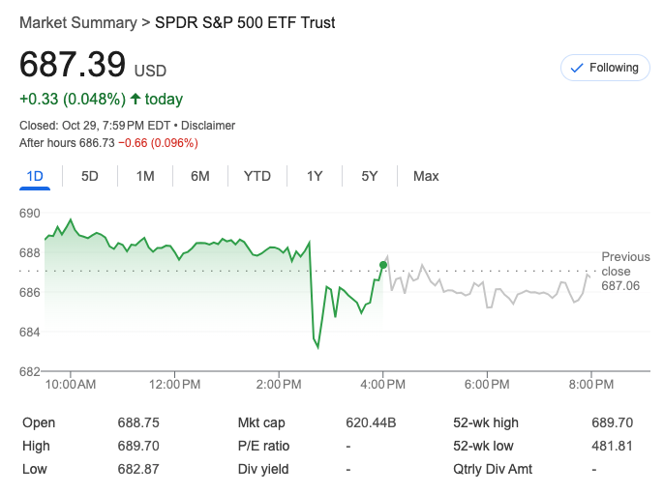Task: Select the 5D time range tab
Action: (90, 176)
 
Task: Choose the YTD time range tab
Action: (257, 176)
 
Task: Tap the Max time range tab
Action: (426, 176)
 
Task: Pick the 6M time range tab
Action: (200, 176)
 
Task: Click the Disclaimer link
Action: (209, 126)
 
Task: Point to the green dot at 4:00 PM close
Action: (384, 264)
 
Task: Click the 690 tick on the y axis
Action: (30, 213)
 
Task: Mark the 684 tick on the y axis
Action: (30, 333)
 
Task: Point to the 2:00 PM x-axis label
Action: (280, 385)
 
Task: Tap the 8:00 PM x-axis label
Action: (591, 385)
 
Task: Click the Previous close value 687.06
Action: (620, 286)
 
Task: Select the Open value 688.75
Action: (138, 422)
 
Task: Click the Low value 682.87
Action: (138, 469)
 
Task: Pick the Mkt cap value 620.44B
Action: (371, 422)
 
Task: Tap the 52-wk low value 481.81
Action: (612, 446)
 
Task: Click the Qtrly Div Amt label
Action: (493, 469)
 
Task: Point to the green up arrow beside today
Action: (135, 99)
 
